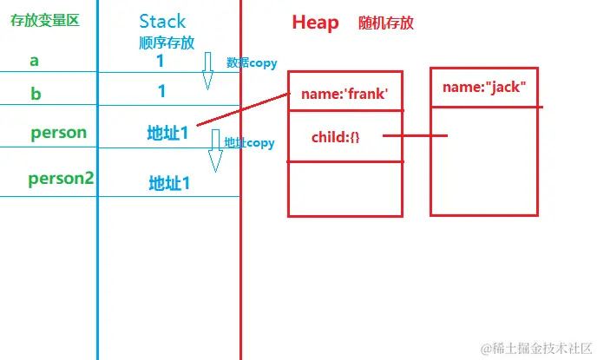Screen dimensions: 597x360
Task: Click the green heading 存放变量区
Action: click(x=44, y=21)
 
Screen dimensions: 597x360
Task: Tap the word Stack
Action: click(x=162, y=21)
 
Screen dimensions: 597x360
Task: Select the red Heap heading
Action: click(x=315, y=23)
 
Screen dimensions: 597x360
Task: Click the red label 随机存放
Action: click(x=385, y=23)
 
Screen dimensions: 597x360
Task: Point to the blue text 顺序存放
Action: click(x=167, y=42)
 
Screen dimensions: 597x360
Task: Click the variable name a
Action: click(x=35, y=61)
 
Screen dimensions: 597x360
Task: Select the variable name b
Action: click(x=36, y=94)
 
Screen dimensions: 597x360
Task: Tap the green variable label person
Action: click(x=59, y=133)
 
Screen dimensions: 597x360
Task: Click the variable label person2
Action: click(x=61, y=180)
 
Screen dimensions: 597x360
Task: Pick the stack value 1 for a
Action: click(x=161, y=62)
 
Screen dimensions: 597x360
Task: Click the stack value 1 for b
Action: click(x=161, y=91)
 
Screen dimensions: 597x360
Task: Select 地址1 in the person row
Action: click(x=167, y=134)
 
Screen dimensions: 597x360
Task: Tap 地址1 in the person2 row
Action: click(x=169, y=183)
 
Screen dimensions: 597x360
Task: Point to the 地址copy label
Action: click(x=249, y=142)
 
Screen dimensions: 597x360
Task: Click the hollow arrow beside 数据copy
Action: click(x=207, y=70)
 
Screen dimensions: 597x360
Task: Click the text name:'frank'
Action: click(x=344, y=95)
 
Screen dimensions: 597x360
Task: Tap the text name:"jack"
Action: click(x=484, y=87)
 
